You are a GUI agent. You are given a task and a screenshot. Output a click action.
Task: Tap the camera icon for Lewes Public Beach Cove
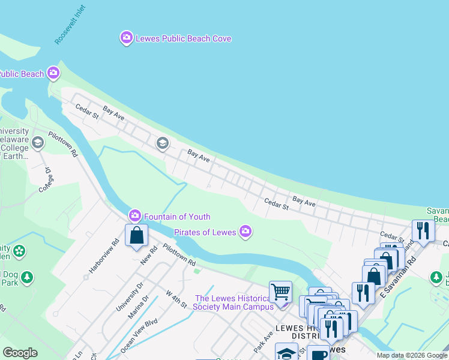(126, 38)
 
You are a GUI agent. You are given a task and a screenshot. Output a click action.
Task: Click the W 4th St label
(176, 299)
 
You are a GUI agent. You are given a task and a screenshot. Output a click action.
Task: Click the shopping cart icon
(280, 292)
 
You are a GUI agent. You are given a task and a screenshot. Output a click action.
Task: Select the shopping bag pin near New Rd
(137, 235)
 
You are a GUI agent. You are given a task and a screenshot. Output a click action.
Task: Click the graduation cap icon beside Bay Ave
(161, 143)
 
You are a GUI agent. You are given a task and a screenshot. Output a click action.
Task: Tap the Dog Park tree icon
(26, 277)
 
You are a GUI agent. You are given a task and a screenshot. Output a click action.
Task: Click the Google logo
(20, 353)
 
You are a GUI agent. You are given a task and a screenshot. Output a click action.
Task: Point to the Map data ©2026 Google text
(411, 355)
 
